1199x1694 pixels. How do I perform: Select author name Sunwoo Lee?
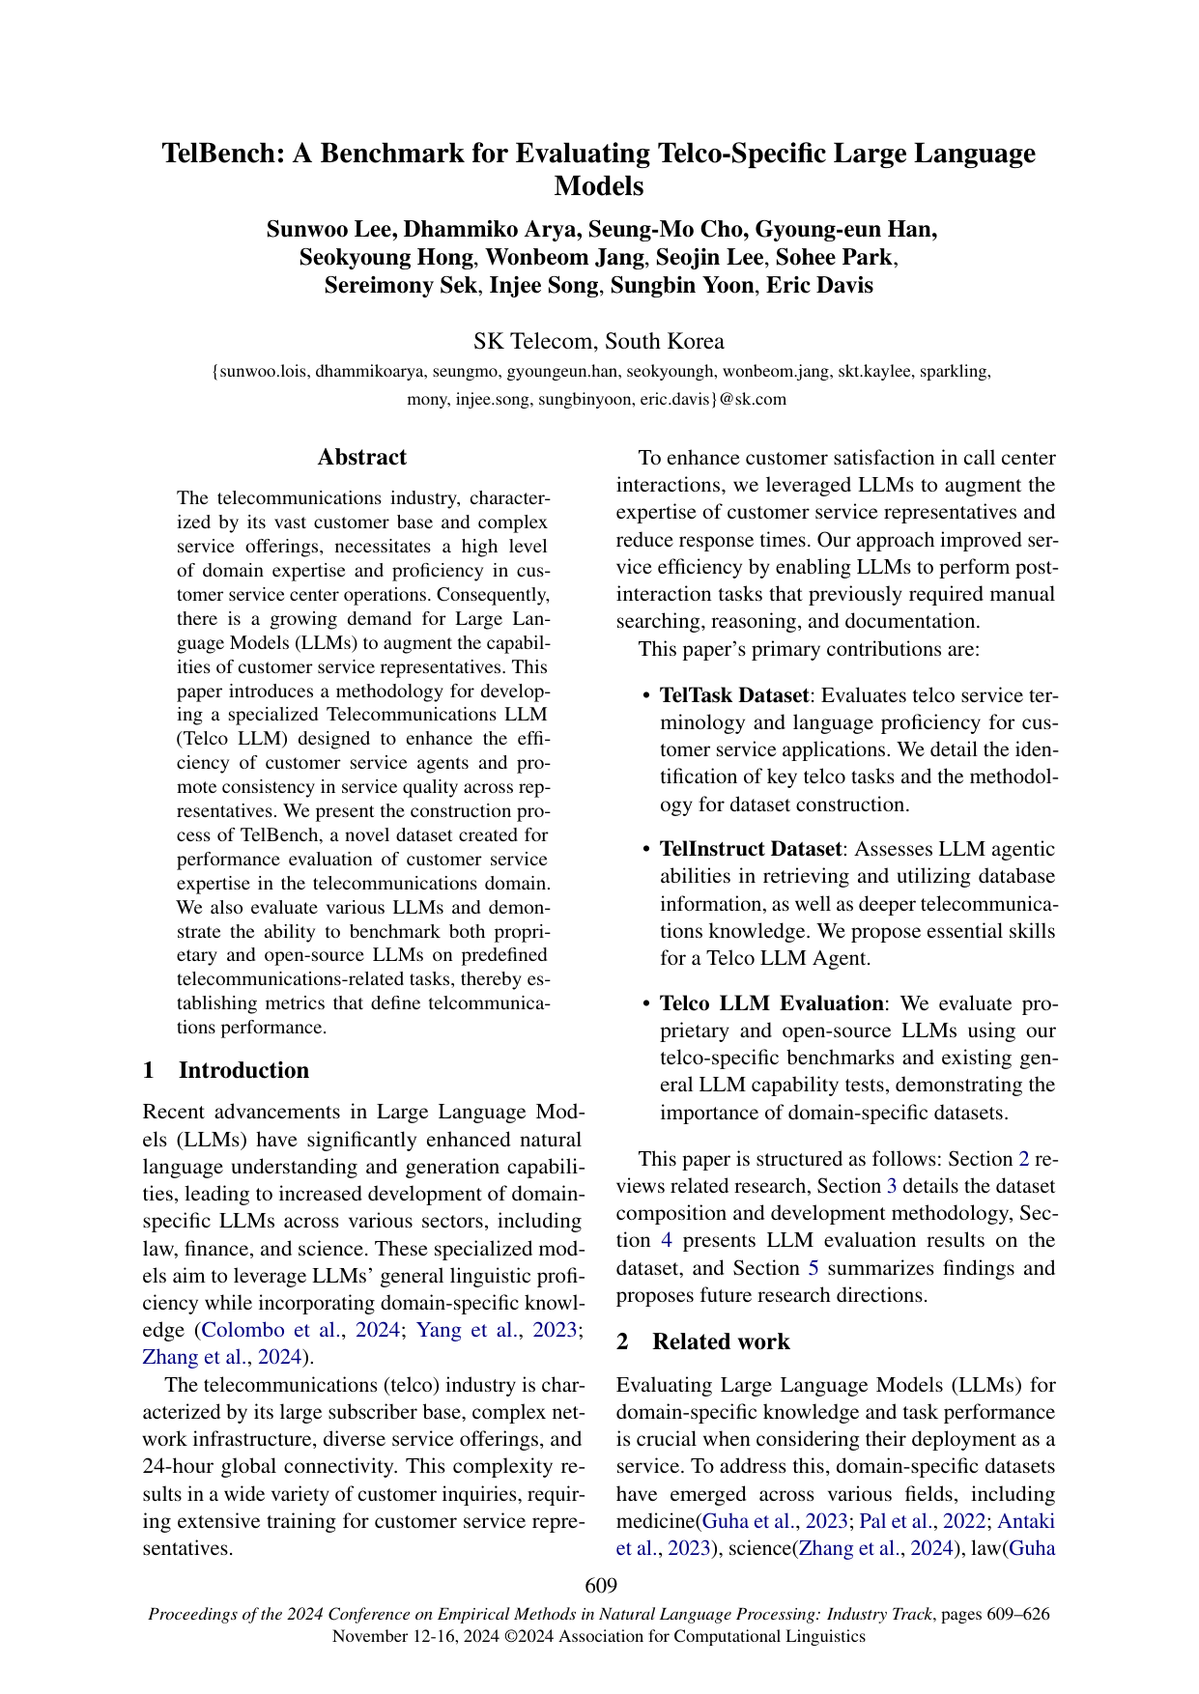(x=328, y=229)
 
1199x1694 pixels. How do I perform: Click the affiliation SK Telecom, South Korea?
(x=599, y=341)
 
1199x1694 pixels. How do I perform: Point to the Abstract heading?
(x=362, y=458)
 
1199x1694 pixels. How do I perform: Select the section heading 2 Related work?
(x=702, y=1341)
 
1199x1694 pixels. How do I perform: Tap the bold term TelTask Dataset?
(x=733, y=695)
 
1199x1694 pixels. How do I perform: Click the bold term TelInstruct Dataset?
(x=751, y=849)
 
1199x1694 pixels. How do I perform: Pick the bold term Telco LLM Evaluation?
(x=771, y=1003)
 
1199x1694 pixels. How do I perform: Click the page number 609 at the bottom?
(x=600, y=1585)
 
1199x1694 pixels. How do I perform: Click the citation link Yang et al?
(x=452, y=1330)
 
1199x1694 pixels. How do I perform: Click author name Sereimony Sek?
(x=401, y=286)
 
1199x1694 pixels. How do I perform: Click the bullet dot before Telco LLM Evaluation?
(x=646, y=1004)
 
